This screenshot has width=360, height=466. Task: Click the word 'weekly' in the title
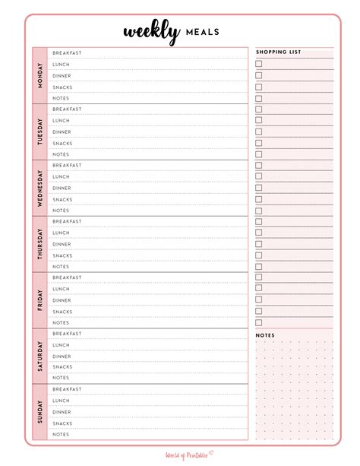click(x=151, y=31)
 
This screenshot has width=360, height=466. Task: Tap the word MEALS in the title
click(x=201, y=32)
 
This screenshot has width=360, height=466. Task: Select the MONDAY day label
click(x=39, y=75)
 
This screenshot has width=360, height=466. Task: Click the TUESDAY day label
click(x=39, y=132)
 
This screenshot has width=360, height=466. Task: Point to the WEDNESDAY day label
click(x=39, y=188)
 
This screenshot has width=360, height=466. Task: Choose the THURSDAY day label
click(x=39, y=244)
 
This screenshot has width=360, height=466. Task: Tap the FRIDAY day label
click(x=39, y=300)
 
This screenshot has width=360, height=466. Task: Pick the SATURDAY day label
click(x=39, y=356)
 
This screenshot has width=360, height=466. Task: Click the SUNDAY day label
click(x=39, y=412)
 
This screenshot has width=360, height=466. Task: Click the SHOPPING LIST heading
click(x=278, y=52)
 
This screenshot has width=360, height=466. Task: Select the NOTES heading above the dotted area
click(x=265, y=335)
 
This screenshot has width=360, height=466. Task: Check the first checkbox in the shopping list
click(x=259, y=64)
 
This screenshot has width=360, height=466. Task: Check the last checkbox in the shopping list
click(x=259, y=322)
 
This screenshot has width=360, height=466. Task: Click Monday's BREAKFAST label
click(x=67, y=53)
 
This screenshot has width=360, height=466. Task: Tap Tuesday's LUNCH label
click(x=61, y=121)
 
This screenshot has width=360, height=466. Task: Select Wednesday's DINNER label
click(x=62, y=188)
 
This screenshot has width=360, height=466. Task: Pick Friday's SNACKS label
click(x=62, y=312)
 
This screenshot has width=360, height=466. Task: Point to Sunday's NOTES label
click(x=61, y=435)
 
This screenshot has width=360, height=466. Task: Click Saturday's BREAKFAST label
click(x=67, y=334)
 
